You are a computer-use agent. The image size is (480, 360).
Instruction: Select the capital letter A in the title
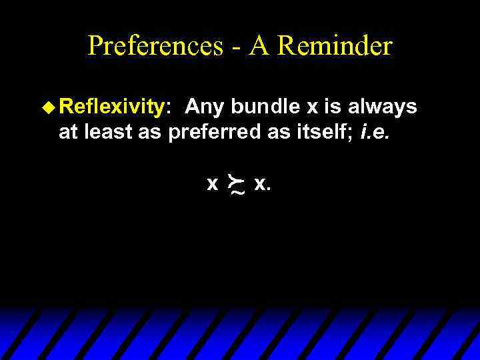click(x=259, y=46)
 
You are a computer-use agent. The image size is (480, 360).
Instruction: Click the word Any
click(x=204, y=107)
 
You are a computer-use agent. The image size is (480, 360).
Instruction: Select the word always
click(x=385, y=107)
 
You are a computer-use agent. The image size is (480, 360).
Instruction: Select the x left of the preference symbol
click(x=213, y=183)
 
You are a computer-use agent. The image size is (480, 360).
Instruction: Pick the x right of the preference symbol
click(x=259, y=183)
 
